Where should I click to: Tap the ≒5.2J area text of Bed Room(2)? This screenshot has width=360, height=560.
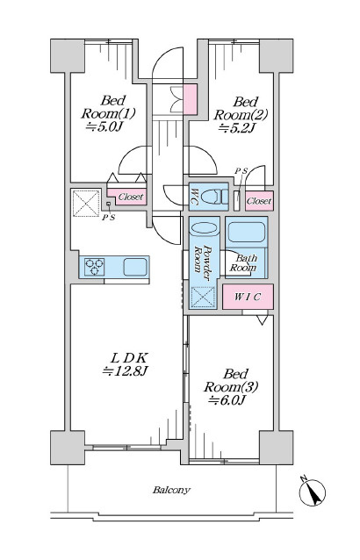click(236, 128)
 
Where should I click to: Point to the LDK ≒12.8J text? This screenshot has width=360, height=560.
click(125, 364)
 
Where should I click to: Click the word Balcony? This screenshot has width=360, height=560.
click(171, 490)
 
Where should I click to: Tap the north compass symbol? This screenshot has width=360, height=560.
click(312, 492)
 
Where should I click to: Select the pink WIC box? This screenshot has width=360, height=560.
click(248, 297)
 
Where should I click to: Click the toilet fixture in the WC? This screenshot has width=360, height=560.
click(214, 197)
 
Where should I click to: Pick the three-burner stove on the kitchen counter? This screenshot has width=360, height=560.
click(95, 267)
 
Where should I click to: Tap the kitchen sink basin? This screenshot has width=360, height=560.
click(135, 267)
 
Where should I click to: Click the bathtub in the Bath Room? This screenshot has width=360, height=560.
click(247, 233)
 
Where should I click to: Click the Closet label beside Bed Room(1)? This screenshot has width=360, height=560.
click(131, 197)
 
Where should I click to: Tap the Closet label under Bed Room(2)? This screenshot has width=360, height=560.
click(259, 201)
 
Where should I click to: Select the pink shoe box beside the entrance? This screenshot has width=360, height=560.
click(190, 99)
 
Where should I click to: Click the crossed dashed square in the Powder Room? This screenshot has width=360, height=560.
click(203, 298)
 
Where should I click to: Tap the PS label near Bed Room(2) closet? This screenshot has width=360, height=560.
click(241, 171)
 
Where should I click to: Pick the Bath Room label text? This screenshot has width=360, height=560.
click(243, 262)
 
